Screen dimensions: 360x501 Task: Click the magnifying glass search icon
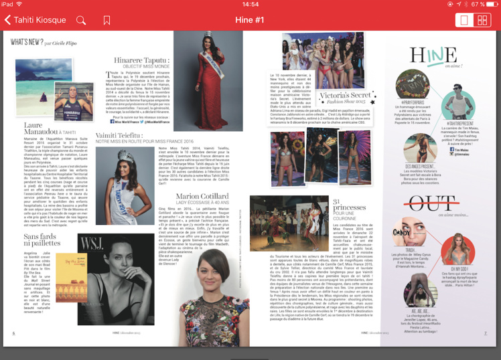[81, 20]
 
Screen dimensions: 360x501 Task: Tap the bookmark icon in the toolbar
[107, 20]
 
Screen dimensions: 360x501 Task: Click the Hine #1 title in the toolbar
[250, 20]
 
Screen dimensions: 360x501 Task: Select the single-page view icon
[463, 20]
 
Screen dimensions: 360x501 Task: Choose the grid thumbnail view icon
[482, 20]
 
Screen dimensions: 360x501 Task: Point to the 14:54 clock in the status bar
[250, 4]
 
